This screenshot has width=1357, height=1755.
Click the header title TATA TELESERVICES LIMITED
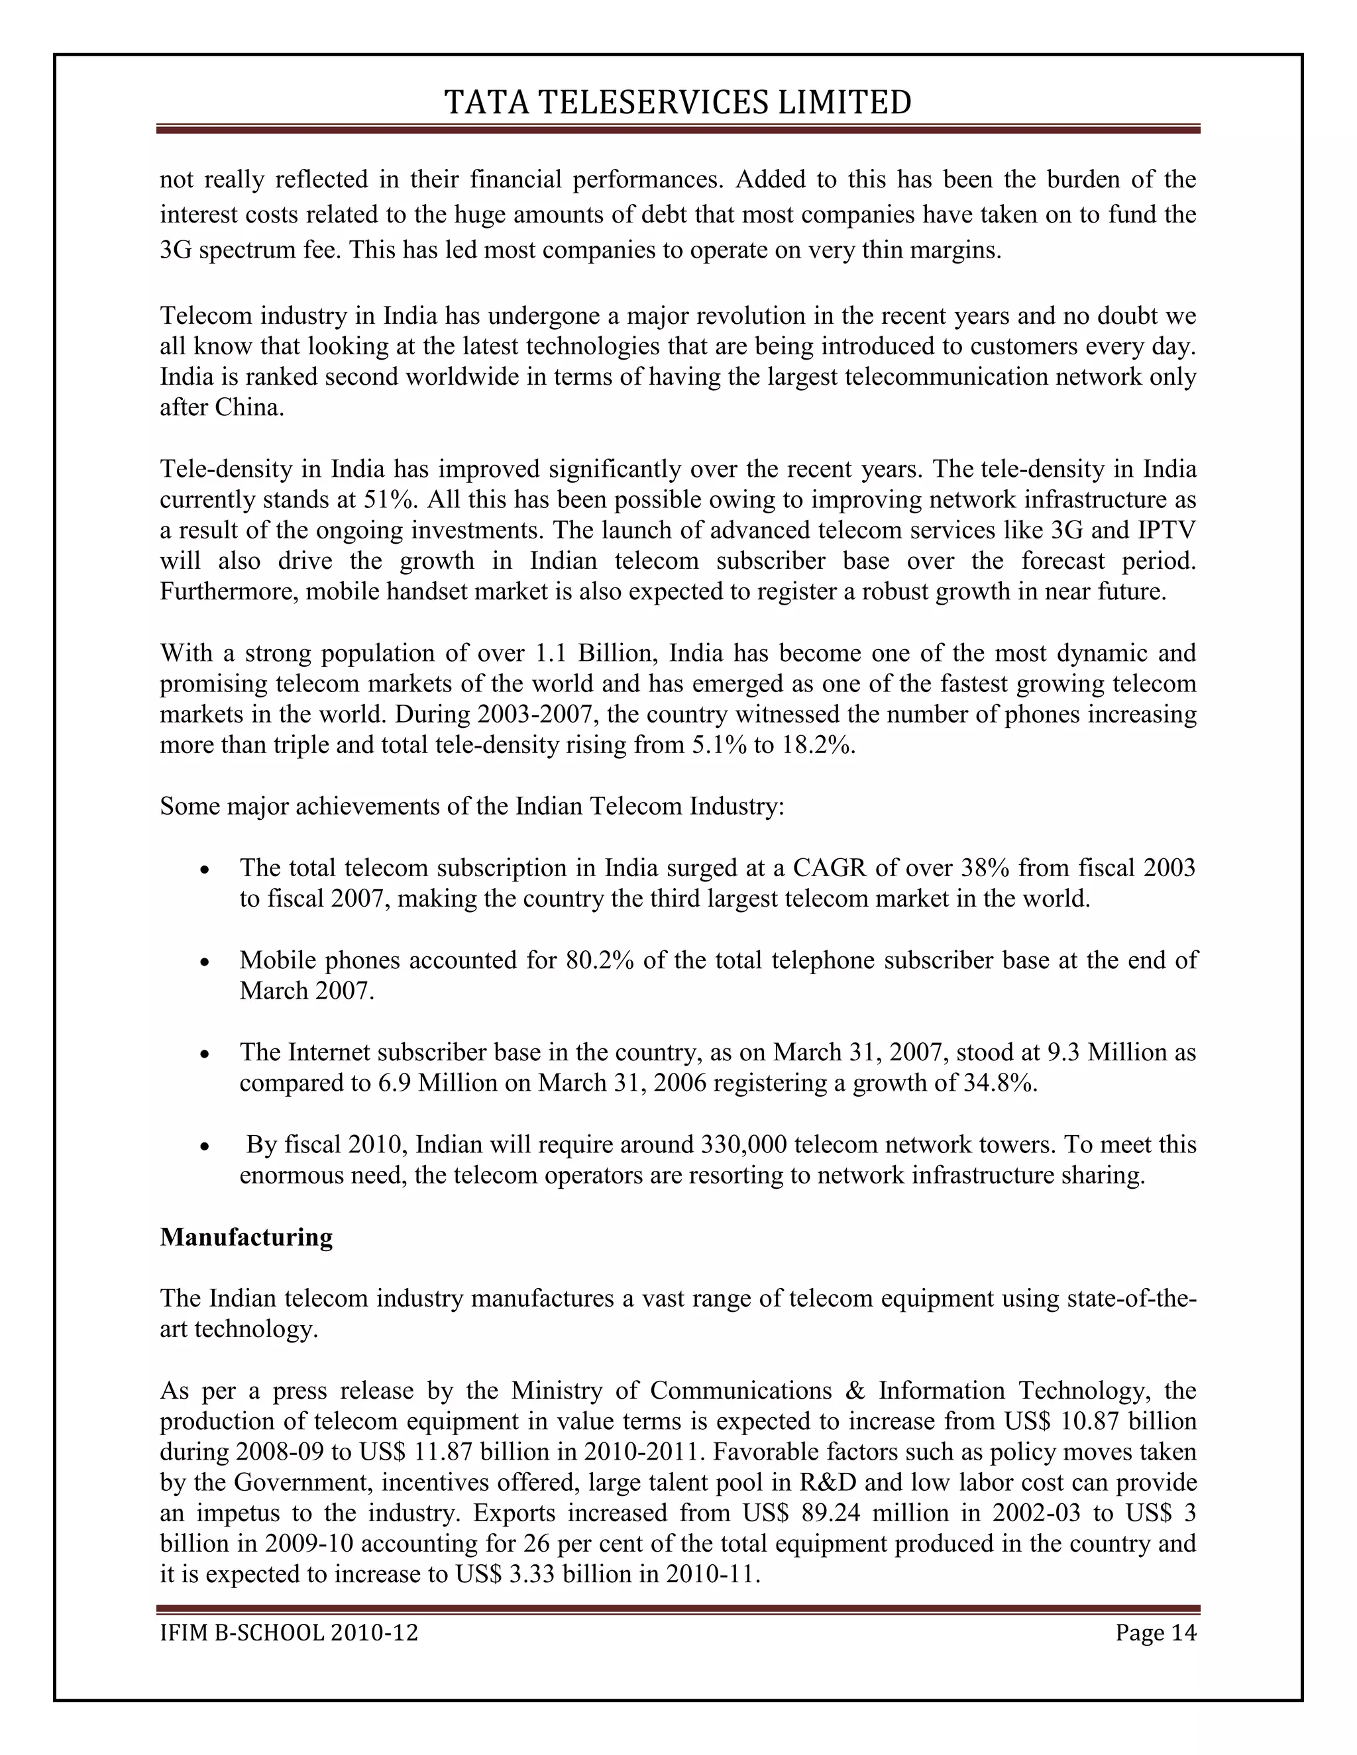pyautogui.click(x=678, y=103)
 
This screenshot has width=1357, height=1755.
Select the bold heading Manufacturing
pyautogui.click(x=246, y=1236)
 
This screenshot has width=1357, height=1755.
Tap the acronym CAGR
pyautogui.click(x=828, y=868)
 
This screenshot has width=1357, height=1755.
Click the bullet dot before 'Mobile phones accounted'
pyautogui.click(x=206, y=962)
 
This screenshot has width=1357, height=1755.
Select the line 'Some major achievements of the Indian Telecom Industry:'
pyautogui.click(x=472, y=806)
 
